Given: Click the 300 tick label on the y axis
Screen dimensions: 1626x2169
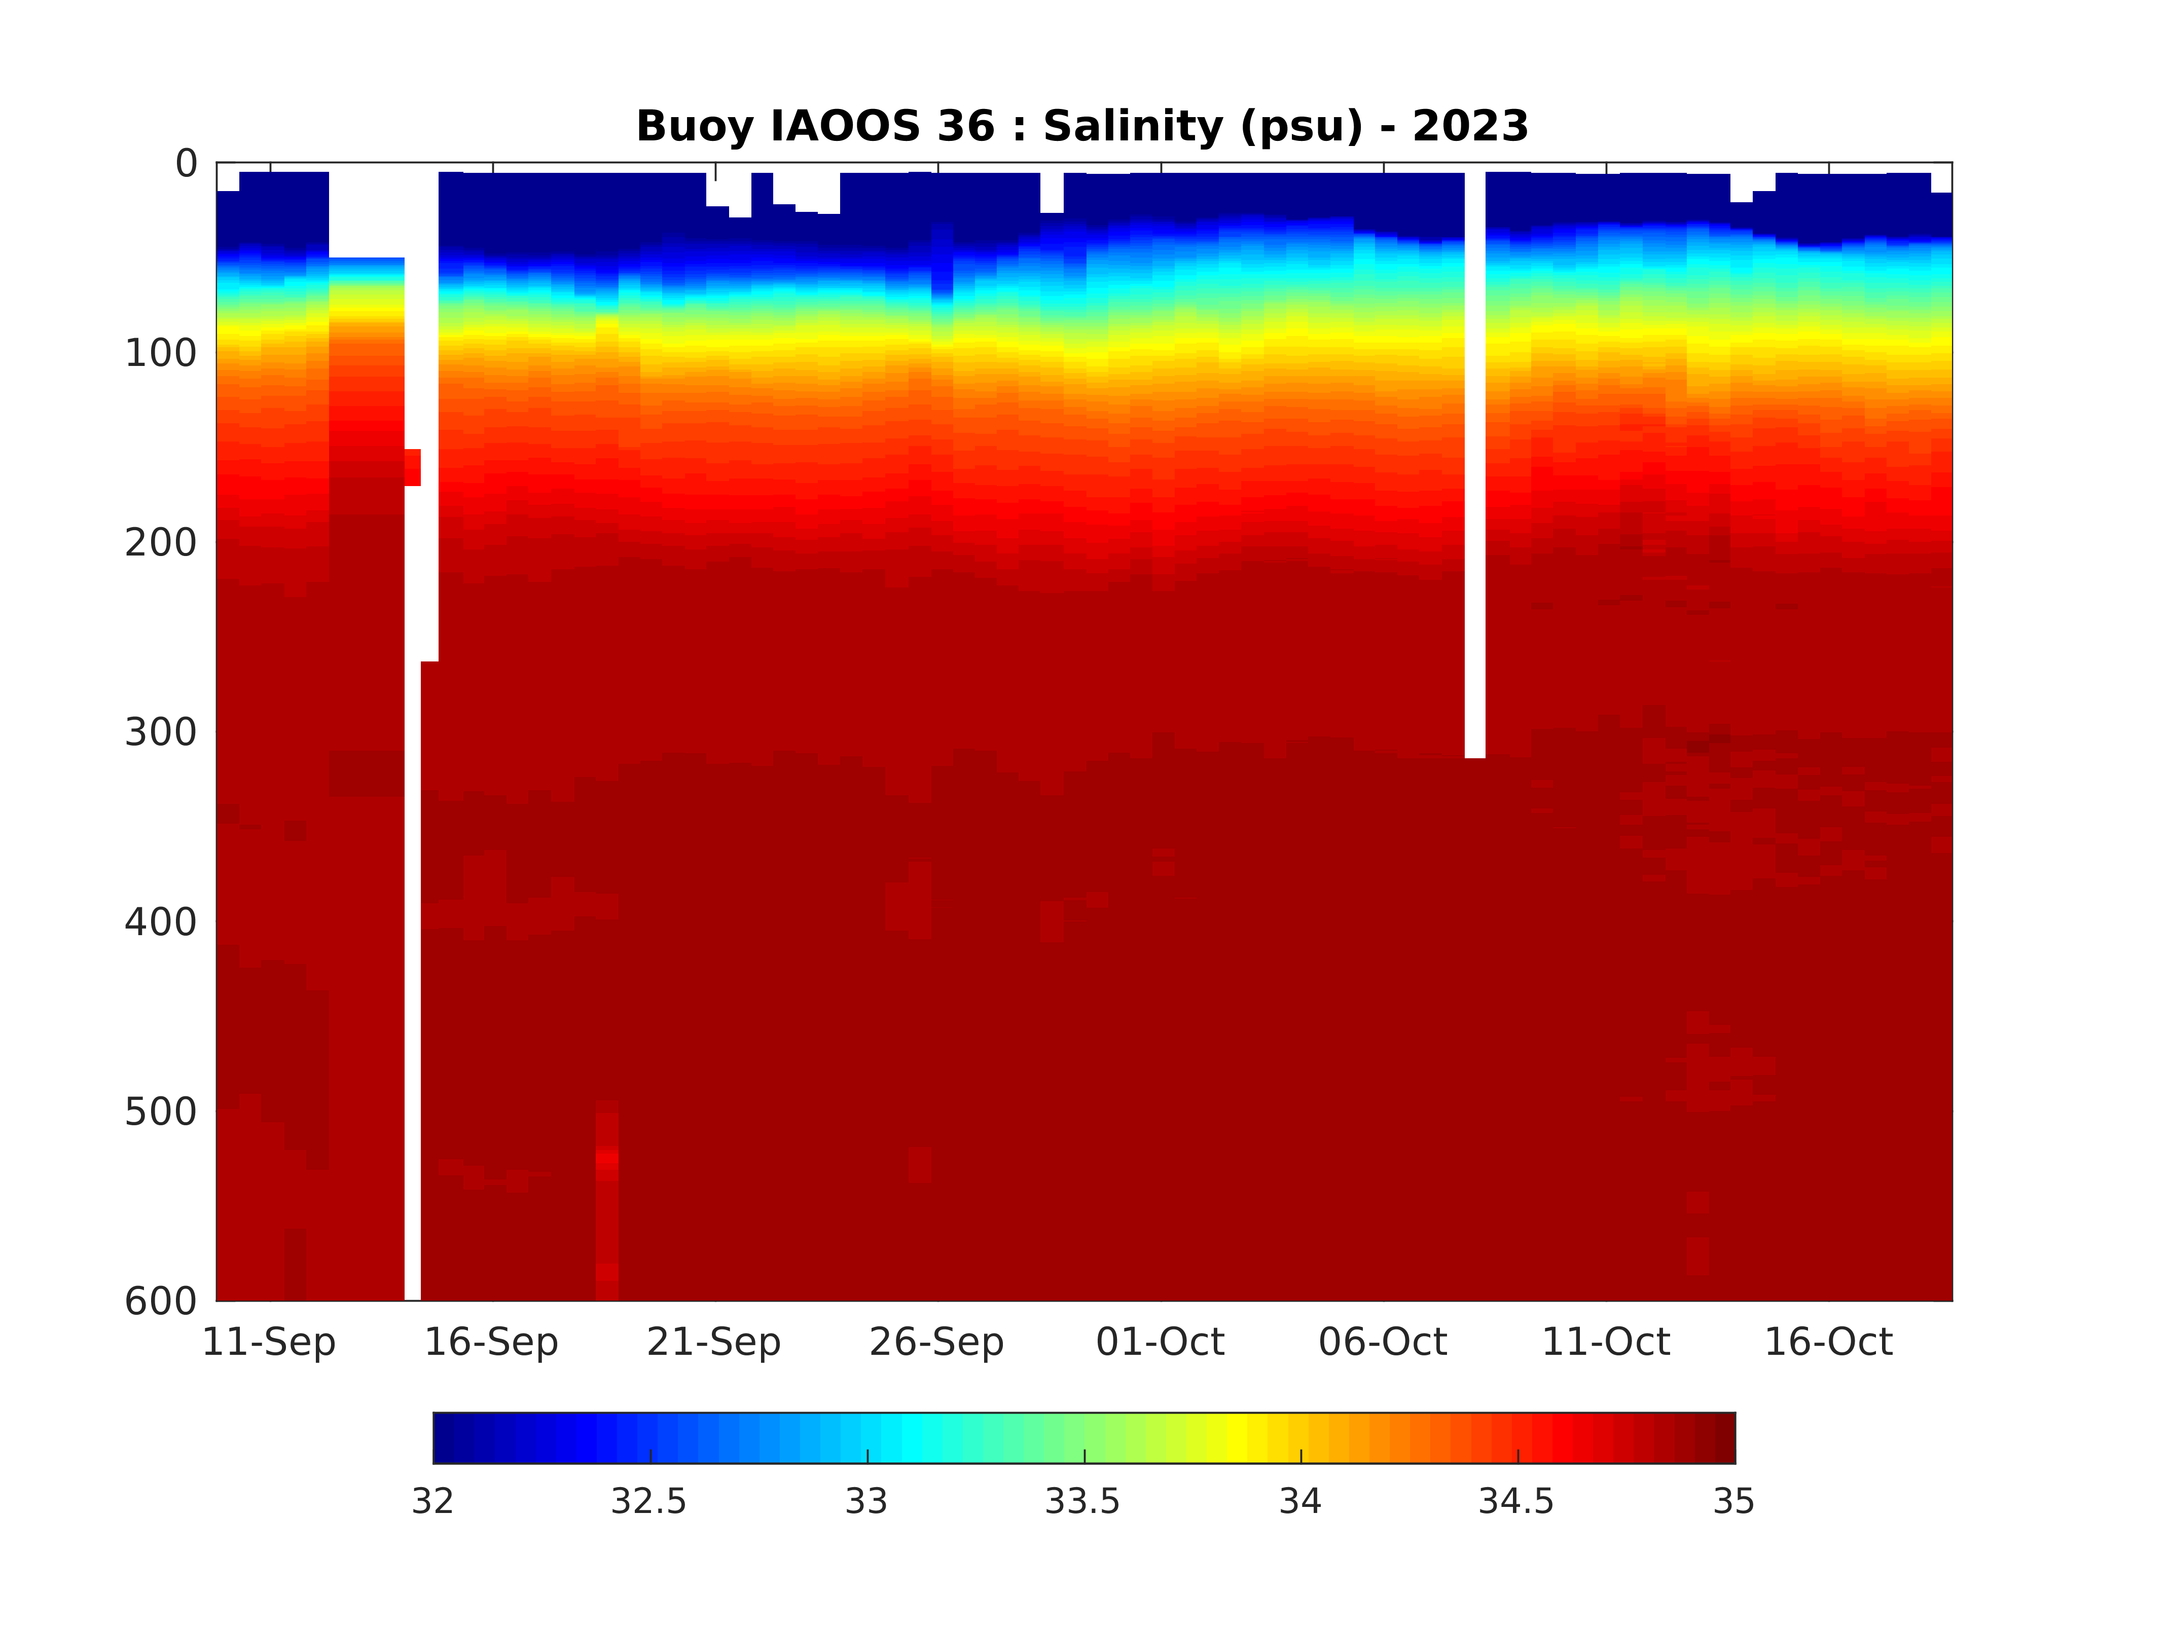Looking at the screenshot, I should click(x=161, y=732).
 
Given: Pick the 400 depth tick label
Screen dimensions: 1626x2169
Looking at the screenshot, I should click(x=161, y=922).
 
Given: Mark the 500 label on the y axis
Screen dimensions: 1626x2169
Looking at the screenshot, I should click(x=161, y=1112).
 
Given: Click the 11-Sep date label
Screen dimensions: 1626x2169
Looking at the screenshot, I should click(x=269, y=1342).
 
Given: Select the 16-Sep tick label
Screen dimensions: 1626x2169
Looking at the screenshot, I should click(x=491, y=1342).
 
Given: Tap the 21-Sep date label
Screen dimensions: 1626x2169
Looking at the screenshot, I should click(x=714, y=1342).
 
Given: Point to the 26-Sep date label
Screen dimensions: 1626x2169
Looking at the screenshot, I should click(x=936, y=1342).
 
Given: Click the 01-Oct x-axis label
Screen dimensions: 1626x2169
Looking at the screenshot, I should click(x=1160, y=1342).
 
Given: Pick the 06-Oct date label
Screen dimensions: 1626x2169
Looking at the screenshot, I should click(x=1383, y=1342).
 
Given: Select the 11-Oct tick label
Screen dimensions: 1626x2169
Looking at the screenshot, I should click(x=1605, y=1342).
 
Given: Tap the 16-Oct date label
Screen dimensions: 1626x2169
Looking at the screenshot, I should click(x=1828, y=1342).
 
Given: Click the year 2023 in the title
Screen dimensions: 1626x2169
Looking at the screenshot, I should click(x=1470, y=126).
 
